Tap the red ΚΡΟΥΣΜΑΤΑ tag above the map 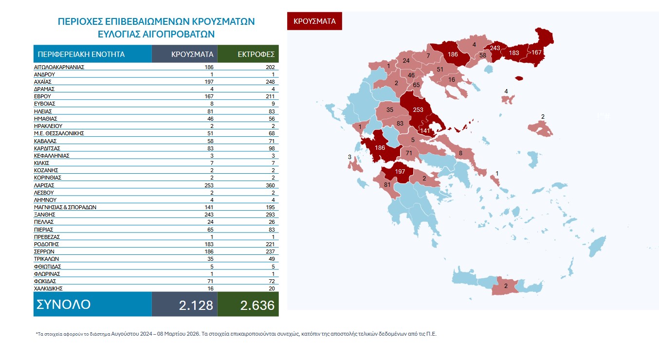coord(314,21)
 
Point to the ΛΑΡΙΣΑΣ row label coord(44,185)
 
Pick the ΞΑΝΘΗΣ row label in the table coord(45,215)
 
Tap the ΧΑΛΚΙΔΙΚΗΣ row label coord(49,288)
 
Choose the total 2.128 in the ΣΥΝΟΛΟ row coord(196,305)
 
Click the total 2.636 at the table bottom coord(257,305)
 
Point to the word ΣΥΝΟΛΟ coord(64,305)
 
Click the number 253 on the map coord(418,110)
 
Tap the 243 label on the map coord(495,48)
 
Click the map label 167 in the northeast coord(537,53)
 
